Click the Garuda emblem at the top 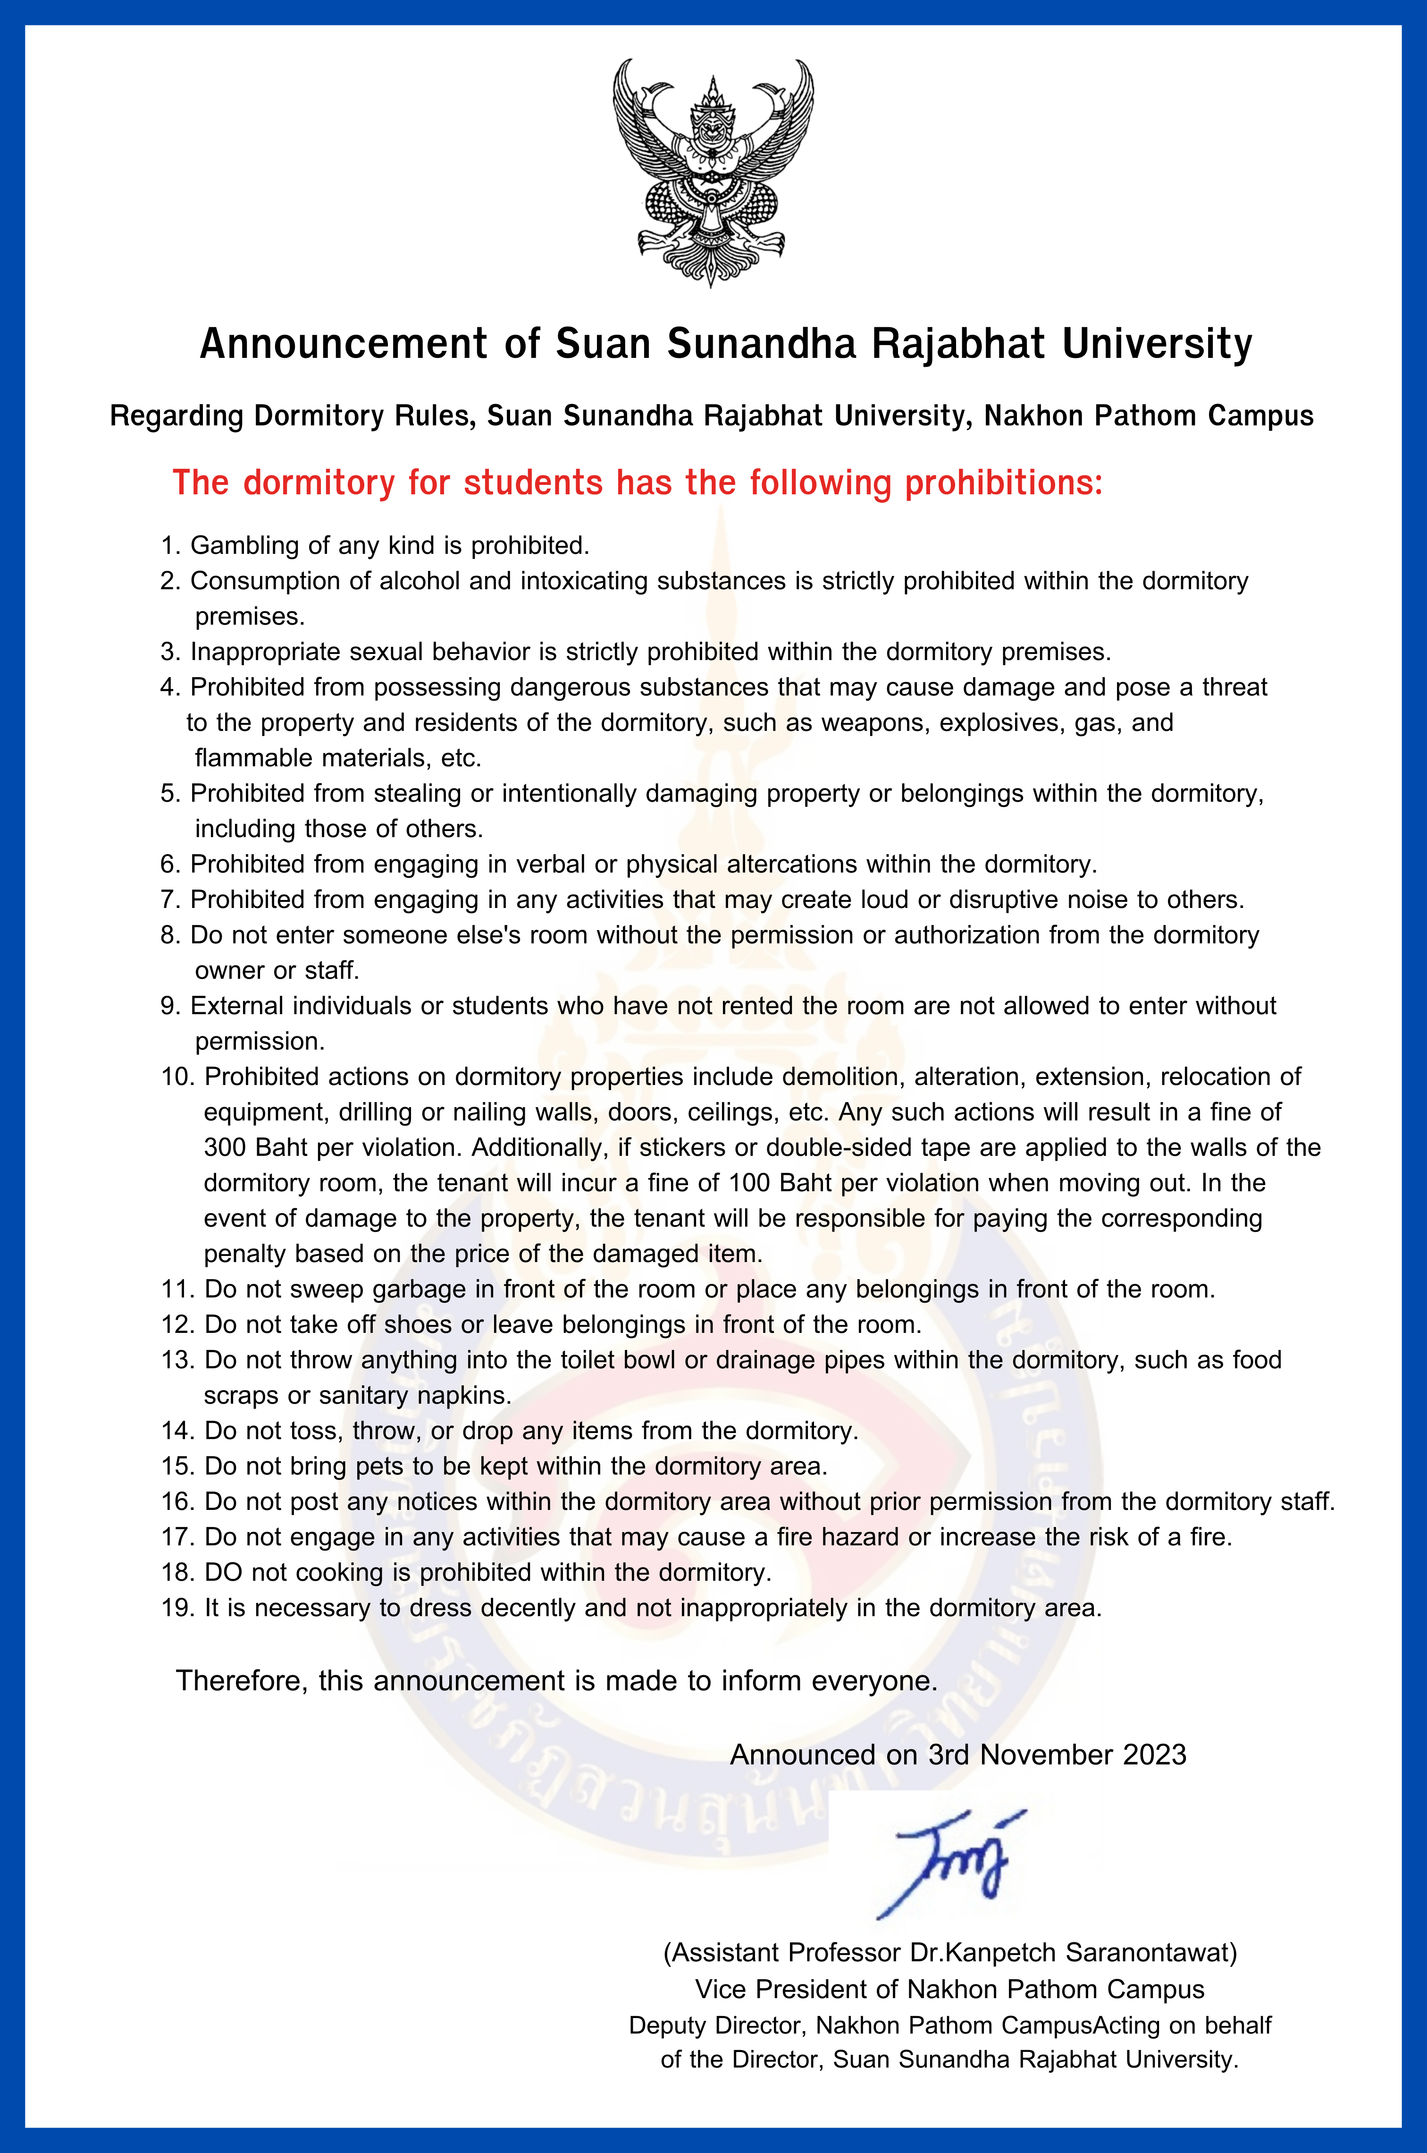click(x=713, y=173)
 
